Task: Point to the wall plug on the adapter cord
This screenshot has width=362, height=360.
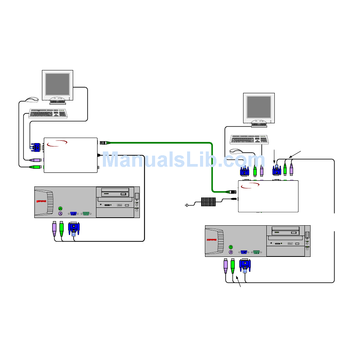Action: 187,206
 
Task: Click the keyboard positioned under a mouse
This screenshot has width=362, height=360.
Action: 48,113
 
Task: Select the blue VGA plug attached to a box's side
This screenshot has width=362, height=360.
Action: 37,147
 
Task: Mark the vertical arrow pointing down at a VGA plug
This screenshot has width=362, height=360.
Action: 274,157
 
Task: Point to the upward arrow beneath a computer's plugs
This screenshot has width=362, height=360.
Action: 239,284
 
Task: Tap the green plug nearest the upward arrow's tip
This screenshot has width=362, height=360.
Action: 233,266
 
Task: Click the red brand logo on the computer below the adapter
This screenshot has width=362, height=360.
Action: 212,240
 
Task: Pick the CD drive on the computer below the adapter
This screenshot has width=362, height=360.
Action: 286,231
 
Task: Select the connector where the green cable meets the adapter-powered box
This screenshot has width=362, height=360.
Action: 231,192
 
